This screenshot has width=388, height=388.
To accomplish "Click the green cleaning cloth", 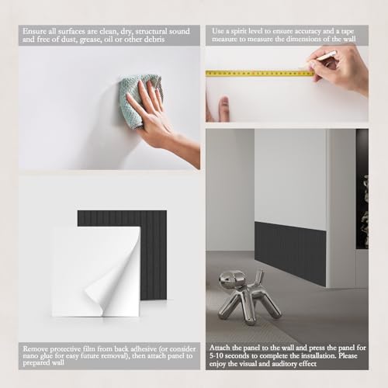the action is click(x=140, y=99).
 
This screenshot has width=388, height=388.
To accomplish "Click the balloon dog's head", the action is click(x=230, y=280).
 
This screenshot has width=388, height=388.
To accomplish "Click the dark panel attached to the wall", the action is click(x=290, y=254).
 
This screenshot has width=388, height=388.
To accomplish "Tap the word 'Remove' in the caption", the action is click(x=35, y=348).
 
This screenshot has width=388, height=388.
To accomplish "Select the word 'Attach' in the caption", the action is click(x=220, y=348).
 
